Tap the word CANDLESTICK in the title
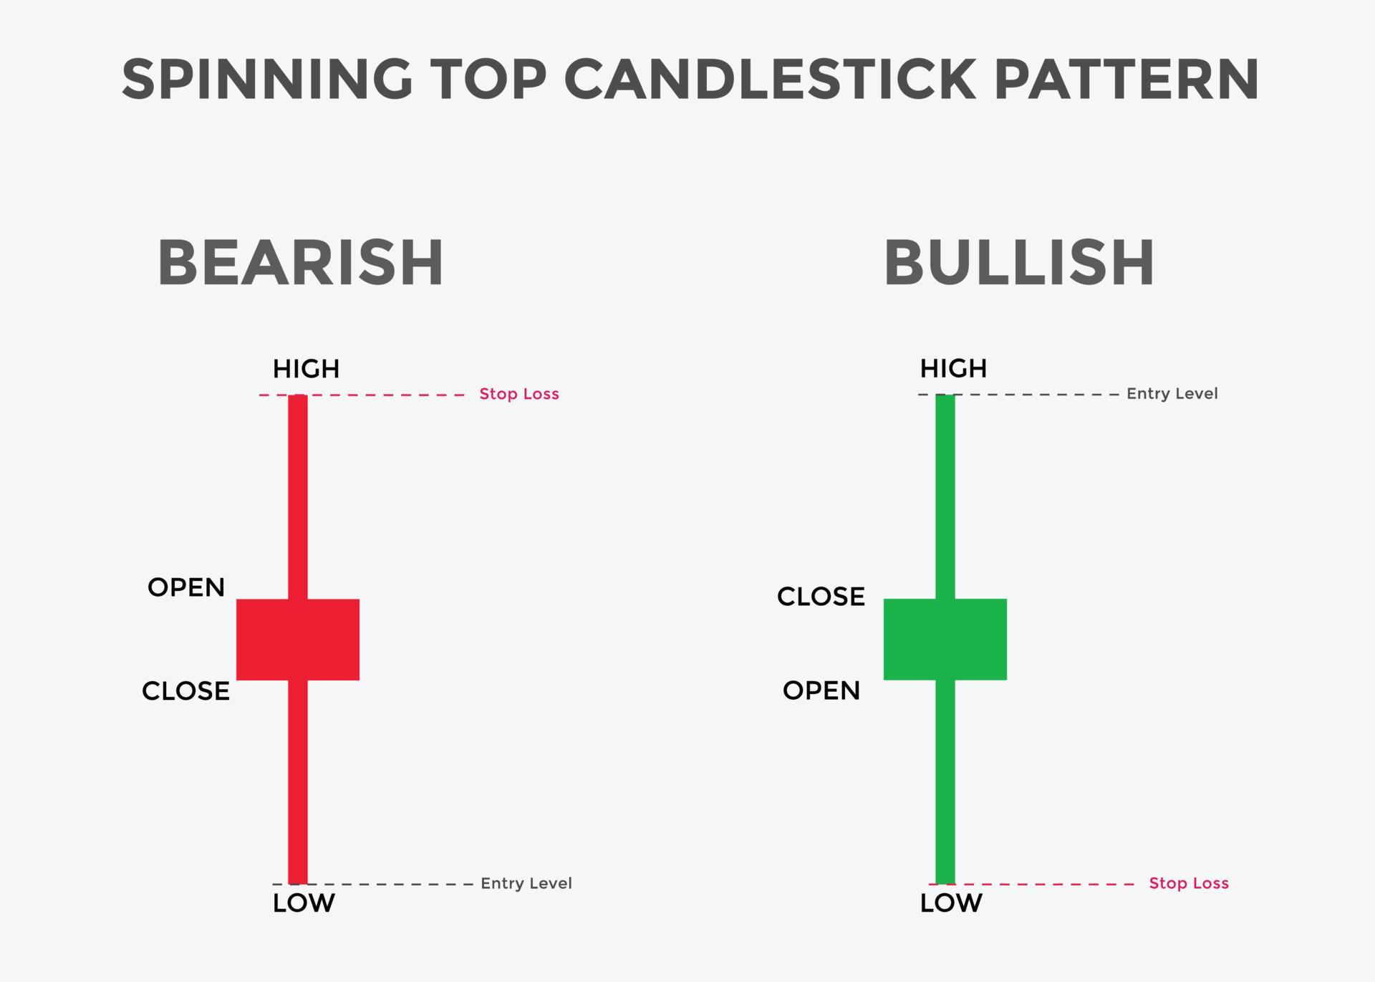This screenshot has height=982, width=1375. tap(770, 79)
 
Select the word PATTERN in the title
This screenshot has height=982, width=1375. tap(1126, 79)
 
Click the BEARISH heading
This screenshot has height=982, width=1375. tap(301, 263)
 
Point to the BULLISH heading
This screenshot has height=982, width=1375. tap(1019, 263)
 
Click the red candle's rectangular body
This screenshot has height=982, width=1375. tap(298, 639)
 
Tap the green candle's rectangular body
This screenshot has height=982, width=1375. tap(945, 639)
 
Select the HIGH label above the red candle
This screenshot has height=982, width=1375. tap(306, 369)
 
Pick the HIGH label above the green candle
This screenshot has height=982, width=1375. tap(953, 368)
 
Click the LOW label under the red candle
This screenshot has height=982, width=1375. tap(304, 903)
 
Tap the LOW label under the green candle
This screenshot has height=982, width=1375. tap(951, 903)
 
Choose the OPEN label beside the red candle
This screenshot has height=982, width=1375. tap(186, 587)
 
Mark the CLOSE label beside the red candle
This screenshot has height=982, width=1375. tap(186, 691)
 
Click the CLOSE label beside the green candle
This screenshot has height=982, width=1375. tap(821, 597)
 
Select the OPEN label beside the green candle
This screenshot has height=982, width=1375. tap(821, 690)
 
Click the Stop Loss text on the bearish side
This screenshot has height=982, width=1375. tap(519, 394)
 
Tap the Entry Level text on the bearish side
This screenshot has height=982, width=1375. tap(526, 883)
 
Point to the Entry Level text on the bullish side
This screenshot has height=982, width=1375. tap(1172, 393)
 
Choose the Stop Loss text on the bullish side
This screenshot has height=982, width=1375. tap(1189, 883)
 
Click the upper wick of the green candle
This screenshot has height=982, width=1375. tap(945, 494)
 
